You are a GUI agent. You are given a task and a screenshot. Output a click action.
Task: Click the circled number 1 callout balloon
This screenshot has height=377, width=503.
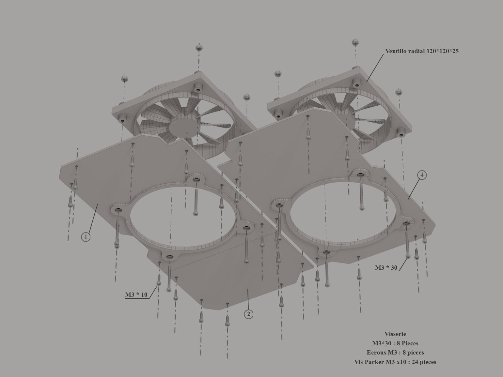click(x=86, y=237)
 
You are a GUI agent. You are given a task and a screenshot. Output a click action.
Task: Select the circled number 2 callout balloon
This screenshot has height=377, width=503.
click(x=249, y=314)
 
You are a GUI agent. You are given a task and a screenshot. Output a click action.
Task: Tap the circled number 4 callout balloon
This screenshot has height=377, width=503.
click(x=422, y=175)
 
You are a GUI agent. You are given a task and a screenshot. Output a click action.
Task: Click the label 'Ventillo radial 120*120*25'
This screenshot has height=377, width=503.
click(x=422, y=51)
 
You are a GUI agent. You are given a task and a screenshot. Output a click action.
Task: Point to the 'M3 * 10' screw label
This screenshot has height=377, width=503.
click(x=136, y=294)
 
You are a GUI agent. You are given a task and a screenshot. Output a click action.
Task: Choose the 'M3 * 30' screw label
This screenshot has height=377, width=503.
click(x=386, y=268)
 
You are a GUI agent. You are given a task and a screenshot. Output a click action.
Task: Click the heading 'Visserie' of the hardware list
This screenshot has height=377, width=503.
click(x=395, y=334)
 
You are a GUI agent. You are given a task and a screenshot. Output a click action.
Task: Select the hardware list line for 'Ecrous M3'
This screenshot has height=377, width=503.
click(x=395, y=352)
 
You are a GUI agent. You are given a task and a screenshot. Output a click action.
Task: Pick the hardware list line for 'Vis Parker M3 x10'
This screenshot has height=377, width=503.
click(x=395, y=362)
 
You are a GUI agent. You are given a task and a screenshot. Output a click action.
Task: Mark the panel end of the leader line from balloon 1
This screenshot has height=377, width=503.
click(x=98, y=204)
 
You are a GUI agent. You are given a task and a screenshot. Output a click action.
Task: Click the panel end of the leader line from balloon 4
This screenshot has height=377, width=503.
click(x=408, y=199)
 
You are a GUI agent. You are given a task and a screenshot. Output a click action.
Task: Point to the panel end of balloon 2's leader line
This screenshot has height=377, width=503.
click(x=248, y=289)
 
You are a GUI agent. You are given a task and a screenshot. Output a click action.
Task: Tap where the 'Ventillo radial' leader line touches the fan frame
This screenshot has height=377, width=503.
click(x=367, y=82)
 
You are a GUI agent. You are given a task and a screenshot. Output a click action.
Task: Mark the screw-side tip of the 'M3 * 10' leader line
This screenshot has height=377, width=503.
click(x=158, y=285)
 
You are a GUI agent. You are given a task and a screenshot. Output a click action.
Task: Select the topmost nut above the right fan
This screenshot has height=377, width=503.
click(x=355, y=43)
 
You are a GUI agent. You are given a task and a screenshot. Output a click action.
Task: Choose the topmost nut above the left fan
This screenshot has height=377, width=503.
click(x=199, y=48)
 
